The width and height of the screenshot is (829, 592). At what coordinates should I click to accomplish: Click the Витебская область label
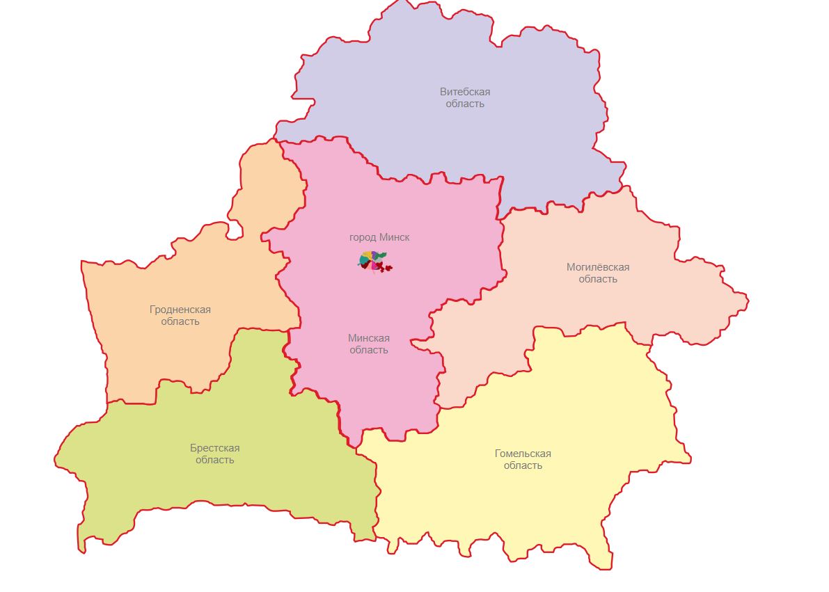click(x=465, y=97)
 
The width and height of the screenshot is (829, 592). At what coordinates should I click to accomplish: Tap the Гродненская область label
click(x=180, y=315)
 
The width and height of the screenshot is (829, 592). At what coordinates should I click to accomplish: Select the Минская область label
click(x=369, y=344)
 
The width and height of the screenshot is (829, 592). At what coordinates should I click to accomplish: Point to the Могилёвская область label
click(x=598, y=273)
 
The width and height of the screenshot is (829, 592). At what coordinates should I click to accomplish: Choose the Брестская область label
click(x=214, y=454)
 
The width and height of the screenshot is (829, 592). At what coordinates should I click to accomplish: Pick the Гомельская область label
click(x=523, y=459)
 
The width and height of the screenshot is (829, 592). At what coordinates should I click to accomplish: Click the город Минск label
click(x=379, y=237)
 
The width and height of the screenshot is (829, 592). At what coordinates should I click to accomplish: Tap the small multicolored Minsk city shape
click(x=374, y=262)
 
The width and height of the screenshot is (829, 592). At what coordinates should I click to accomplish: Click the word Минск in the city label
click(x=395, y=237)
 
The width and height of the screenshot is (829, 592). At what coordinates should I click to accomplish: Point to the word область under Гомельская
click(x=523, y=465)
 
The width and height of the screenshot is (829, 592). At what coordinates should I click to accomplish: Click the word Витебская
click(x=465, y=92)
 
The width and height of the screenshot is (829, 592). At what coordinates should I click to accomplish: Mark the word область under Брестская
click(x=214, y=460)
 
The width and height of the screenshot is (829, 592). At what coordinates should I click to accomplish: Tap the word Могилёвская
click(x=598, y=267)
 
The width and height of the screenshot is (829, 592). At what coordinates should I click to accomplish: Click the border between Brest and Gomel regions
click(x=378, y=501)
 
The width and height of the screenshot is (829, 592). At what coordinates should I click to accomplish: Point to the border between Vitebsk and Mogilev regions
click(x=557, y=205)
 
